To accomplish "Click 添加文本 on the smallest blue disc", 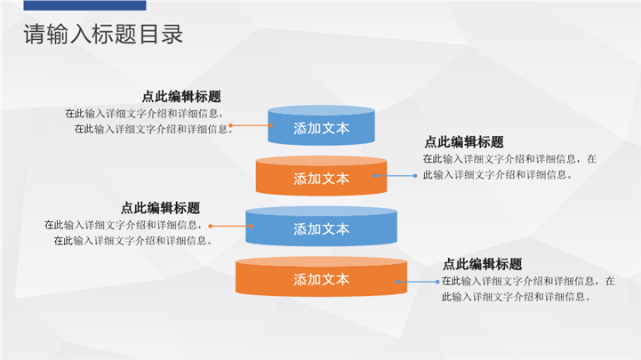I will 321,129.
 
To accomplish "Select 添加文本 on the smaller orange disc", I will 321,179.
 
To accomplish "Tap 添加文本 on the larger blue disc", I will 321,228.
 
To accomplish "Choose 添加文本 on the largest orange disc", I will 321,279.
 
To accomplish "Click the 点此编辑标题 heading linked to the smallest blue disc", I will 181,97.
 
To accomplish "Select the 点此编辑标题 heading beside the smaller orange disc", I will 464,142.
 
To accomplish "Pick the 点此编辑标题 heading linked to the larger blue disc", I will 160,207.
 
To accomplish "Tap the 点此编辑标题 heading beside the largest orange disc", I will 482,264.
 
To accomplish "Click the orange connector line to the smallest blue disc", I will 252,126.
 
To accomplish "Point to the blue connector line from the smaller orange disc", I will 397,175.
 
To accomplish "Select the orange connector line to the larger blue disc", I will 230,226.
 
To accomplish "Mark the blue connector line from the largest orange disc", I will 418,281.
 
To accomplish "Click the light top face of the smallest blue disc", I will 321,111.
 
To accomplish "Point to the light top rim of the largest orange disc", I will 321,261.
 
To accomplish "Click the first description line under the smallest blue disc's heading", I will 143,114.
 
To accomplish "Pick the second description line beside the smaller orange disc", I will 498,174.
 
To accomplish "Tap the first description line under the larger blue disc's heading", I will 123,225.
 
